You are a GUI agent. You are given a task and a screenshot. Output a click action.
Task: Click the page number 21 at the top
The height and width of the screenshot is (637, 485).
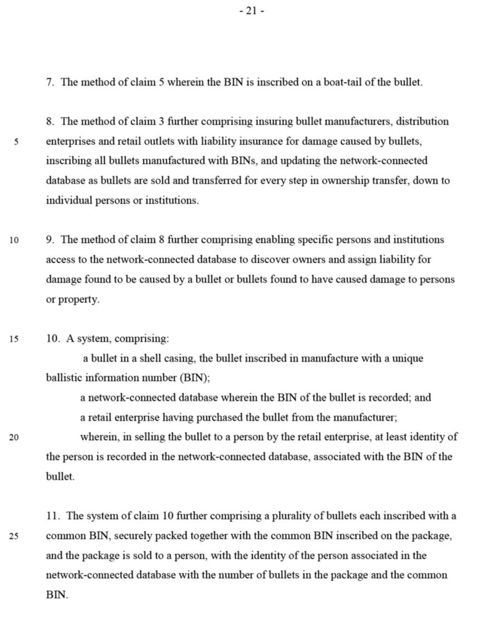point(251,11)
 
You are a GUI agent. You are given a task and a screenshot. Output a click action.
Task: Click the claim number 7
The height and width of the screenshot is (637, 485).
point(50,82)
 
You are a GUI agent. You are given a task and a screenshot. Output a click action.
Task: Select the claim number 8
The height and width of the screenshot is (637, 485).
point(50,121)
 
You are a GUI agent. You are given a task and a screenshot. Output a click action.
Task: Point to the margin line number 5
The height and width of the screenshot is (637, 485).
point(16,142)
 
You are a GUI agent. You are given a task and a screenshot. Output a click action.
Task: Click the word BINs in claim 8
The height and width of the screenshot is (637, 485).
point(244,161)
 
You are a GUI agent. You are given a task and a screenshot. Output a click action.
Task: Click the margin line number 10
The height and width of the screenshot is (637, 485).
point(14,240)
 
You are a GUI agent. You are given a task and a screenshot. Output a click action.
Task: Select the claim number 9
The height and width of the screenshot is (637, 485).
point(50,240)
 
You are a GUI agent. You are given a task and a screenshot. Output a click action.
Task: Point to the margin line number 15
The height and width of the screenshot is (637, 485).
point(14,339)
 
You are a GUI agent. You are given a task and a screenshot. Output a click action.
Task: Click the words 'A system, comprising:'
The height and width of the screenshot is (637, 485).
point(117,339)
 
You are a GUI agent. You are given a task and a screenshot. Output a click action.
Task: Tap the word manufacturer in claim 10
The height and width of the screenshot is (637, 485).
point(367,418)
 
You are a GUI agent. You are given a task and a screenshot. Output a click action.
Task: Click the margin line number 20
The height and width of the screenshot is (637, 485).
point(14,437)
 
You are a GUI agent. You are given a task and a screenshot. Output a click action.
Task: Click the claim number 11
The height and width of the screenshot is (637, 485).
point(53,516)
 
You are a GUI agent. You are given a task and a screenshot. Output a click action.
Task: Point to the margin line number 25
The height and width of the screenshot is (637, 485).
point(14,536)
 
